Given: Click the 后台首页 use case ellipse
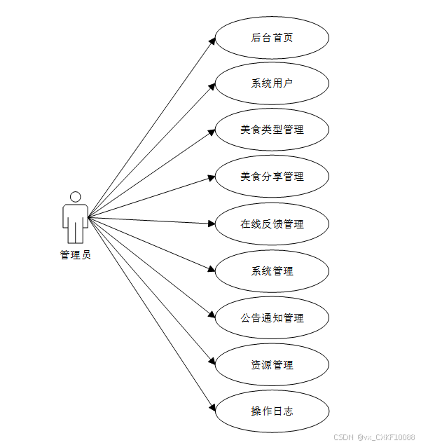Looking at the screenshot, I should (x=272, y=38).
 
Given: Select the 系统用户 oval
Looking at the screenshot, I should (x=272, y=84).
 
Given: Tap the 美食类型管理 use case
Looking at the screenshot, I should (x=272, y=130).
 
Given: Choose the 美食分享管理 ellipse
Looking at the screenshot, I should (x=272, y=177).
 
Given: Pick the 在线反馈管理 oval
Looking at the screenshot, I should (x=272, y=224).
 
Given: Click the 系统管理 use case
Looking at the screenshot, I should (x=272, y=271).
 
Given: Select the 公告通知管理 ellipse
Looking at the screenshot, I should (x=272, y=318).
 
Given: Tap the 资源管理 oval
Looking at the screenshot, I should (x=272, y=365).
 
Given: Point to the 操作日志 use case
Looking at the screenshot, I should (x=272, y=411).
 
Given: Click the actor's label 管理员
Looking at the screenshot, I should (x=75, y=255).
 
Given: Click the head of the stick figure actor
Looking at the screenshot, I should (x=75, y=197).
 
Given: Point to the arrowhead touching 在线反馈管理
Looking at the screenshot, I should (x=211, y=224).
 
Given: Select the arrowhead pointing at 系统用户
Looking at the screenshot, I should (x=212, y=86).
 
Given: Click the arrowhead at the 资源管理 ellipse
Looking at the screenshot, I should (x=212, y=362).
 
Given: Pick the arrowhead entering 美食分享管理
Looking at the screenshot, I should (x=211, y=178).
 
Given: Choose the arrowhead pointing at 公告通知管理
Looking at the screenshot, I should (x=212, y=316).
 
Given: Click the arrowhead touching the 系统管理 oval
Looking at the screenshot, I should (x=211, y=270).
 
